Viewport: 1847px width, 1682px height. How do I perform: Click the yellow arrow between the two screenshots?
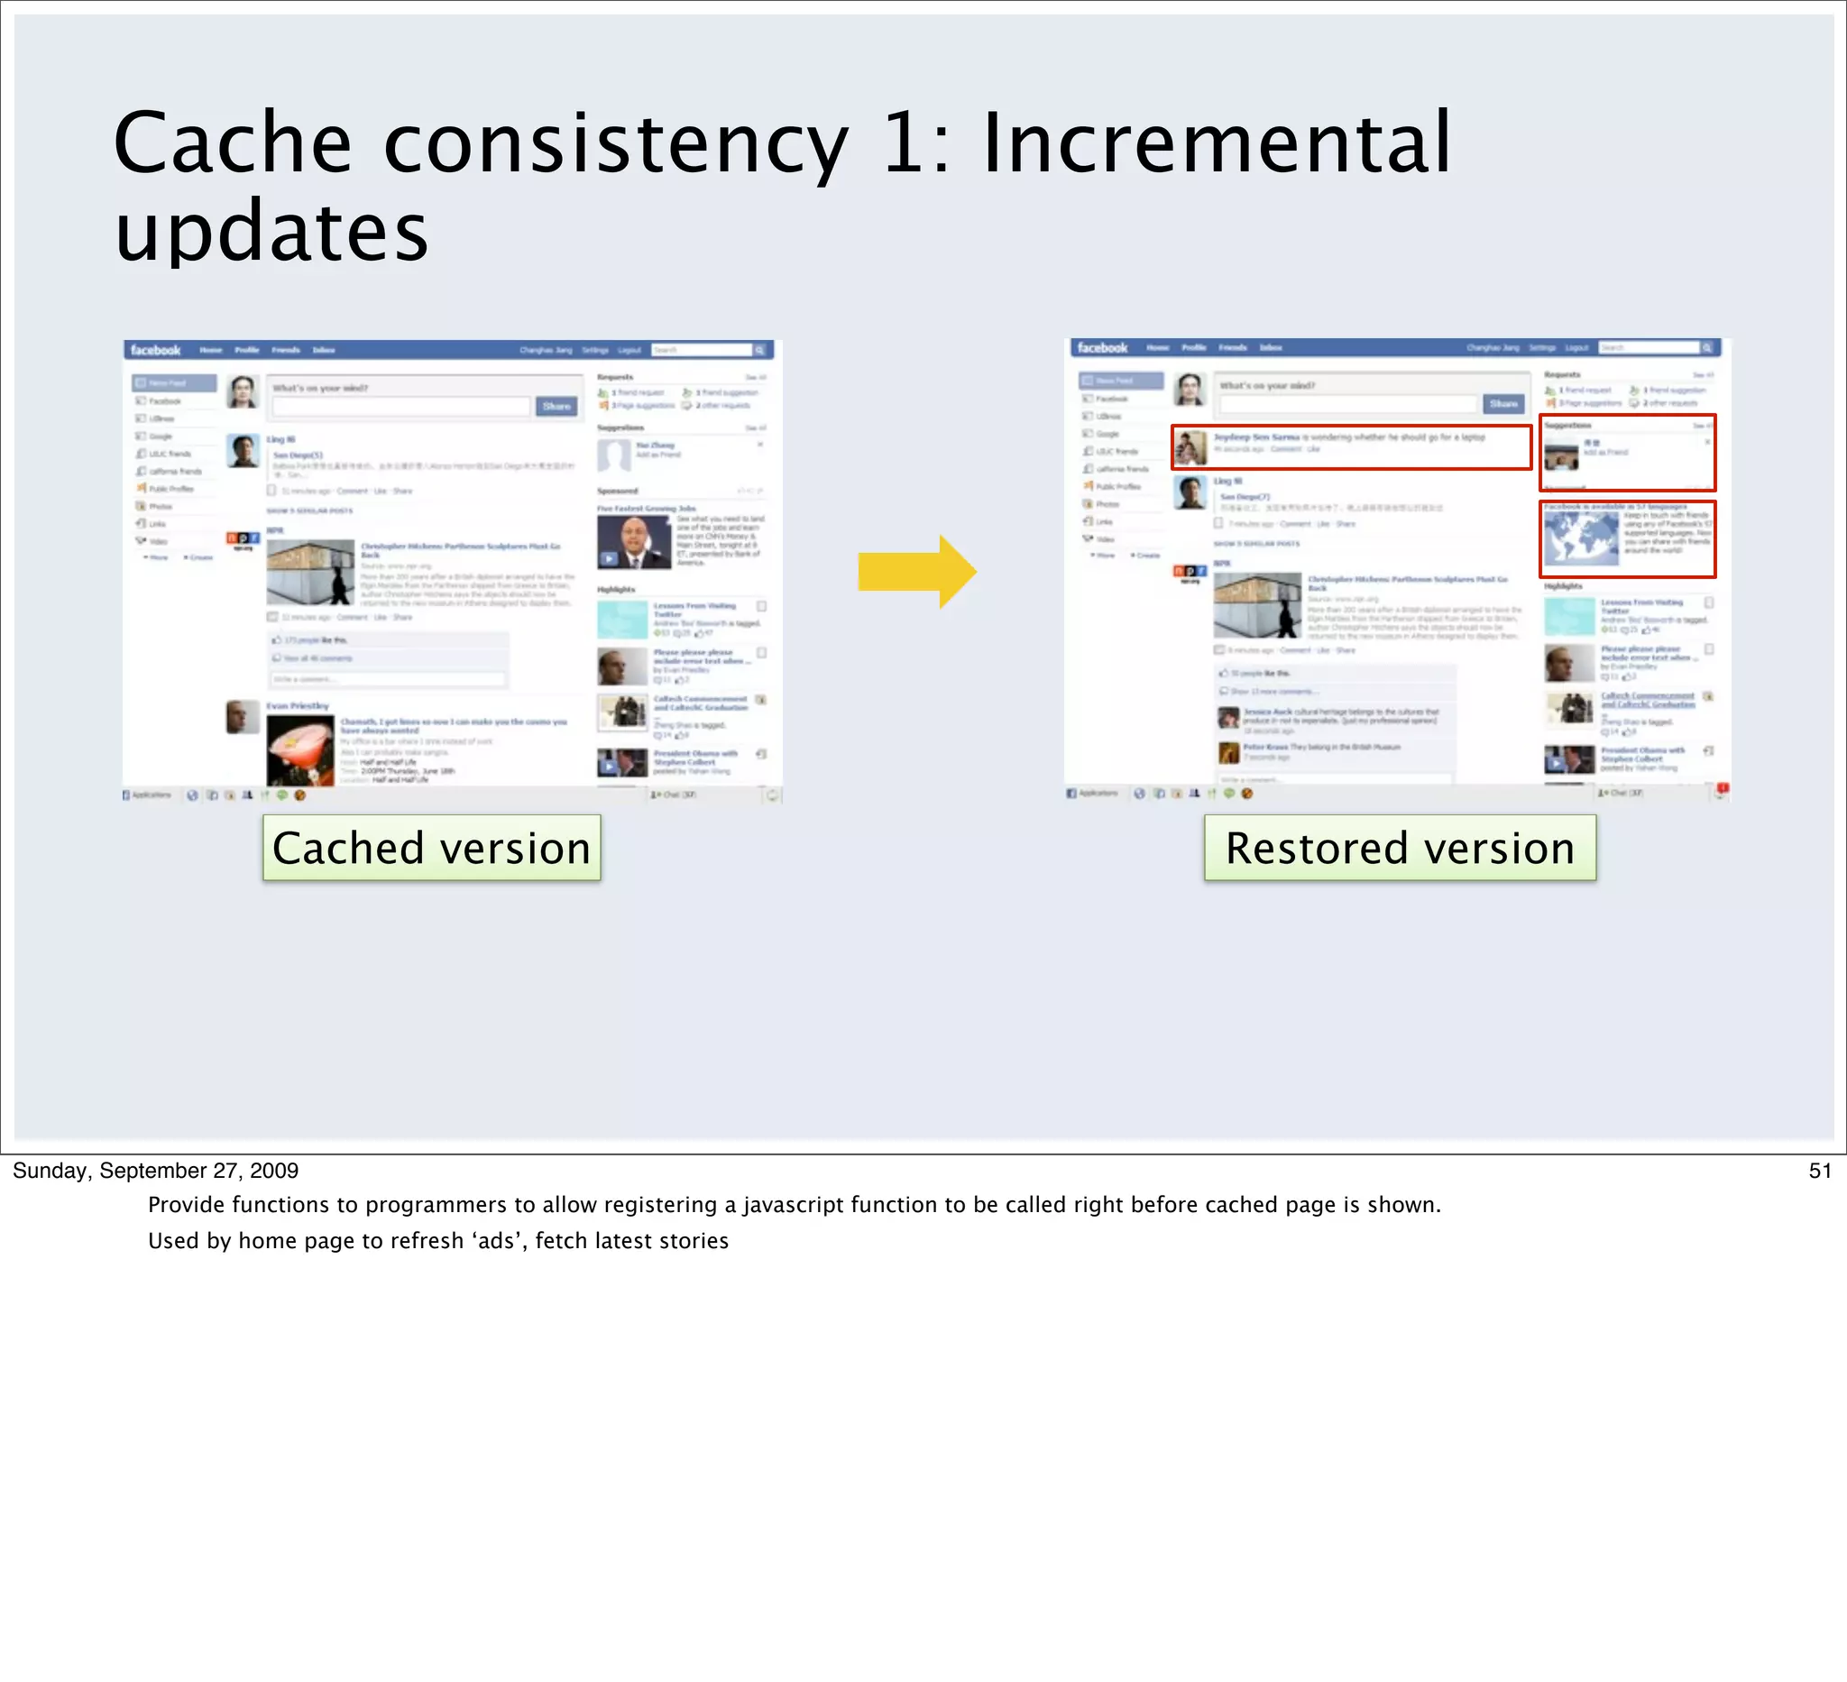click(x=916, y=573)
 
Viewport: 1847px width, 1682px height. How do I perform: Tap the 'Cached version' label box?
click(x=431, y=848)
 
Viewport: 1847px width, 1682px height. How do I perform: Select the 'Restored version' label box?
click(x=1399, y=848)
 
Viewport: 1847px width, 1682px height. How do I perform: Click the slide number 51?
click(x=1820, y=1170)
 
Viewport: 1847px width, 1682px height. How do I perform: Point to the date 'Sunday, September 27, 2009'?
click(x=156, y=1170)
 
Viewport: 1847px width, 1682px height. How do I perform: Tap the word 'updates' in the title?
click(x=271, y=231)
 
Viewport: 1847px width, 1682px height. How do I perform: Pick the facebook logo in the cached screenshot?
click(x=155, y=350)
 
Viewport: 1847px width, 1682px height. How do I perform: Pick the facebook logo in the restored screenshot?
click(x=1102, y=347)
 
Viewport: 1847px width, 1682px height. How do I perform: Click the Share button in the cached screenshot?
click(x=556, y=406)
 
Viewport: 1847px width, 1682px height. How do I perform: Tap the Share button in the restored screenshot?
click(x=1503, y=403)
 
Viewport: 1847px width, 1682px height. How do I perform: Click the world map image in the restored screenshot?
click(x=1580, y=537)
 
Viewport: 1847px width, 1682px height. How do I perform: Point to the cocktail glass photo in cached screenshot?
click(x=300, y=750)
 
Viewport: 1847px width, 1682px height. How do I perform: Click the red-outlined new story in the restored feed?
click(x=1350, y=446)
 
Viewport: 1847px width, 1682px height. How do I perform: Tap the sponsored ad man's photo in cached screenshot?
click(x=633, y=540)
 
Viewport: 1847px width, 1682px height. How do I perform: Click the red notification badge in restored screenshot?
click(x=1723, y=788)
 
